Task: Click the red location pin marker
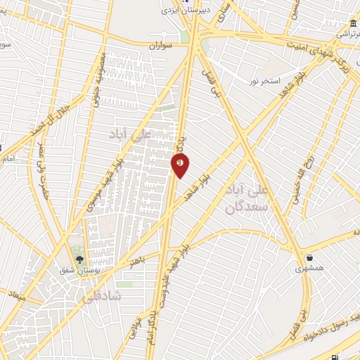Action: tap(181, 165)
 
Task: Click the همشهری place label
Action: tap(309, 268)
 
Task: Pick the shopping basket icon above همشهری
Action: tap(309, 257)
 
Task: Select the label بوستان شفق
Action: tap(80, 269)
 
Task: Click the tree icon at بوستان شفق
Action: tap(79, 258)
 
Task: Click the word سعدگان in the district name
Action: tap(243, 207)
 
